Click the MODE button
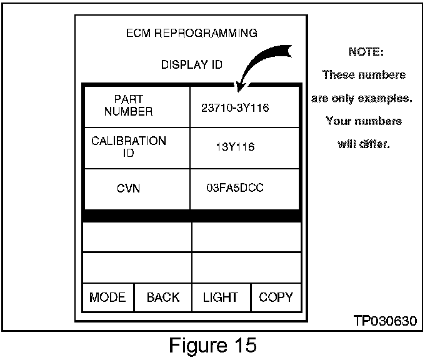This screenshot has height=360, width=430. point(107,297)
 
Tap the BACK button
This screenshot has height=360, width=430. point(162,297)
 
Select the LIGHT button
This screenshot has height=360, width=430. point(220,297)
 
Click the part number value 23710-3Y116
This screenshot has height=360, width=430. point(235,107)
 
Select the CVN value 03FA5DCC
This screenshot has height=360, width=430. point(235,187)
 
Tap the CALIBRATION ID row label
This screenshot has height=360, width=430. point(129,147)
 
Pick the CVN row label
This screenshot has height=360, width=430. point(128,188)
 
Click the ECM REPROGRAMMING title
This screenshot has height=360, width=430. point(192,32)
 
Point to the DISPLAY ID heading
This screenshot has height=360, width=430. point(192,64)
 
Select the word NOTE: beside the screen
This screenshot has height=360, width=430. point(366,52)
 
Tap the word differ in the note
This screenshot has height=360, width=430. point(375,144)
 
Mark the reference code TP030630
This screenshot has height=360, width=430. point(383,321)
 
